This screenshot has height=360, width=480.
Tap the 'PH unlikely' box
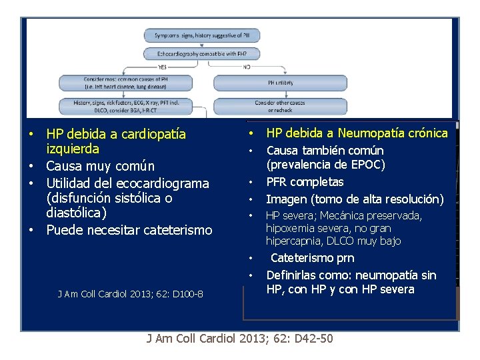[280, 83]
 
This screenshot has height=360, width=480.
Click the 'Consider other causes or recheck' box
[280, 106]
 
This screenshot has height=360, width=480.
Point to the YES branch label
[162, 67]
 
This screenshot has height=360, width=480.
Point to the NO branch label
[246, 67]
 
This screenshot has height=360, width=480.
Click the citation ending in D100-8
[131, 294]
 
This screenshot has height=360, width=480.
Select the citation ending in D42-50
[240, 339]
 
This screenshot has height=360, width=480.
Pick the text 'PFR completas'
[305, 181]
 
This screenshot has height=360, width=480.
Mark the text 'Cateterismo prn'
[312, 258]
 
